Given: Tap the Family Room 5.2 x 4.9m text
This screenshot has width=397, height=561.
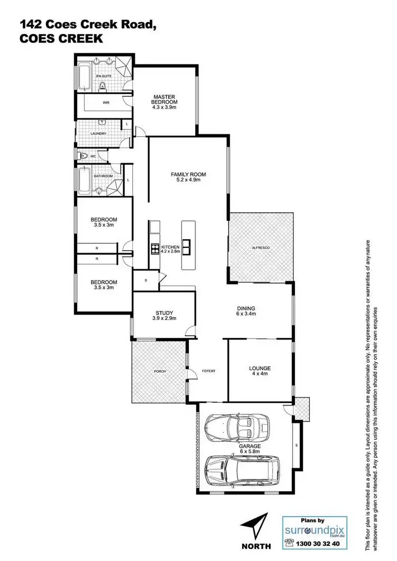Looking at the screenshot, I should (188, 177).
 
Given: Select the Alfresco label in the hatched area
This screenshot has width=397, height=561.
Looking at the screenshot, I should (260, 247).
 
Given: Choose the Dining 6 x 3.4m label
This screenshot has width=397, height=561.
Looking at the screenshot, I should (246, 311).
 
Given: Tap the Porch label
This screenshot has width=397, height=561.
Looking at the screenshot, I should (159, 371).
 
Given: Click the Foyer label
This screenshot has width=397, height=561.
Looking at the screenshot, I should (209, 371).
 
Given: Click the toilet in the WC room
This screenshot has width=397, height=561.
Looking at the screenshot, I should (84, 156).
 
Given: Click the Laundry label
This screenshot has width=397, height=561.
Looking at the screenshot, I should (98, 133).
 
